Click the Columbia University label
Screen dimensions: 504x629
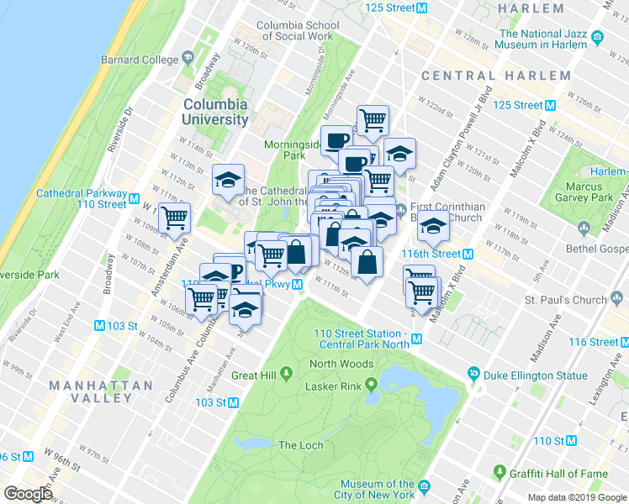(x=215, y=112)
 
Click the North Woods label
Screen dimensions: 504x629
(x=341, y=364)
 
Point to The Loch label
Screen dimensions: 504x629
(x=299, y=445)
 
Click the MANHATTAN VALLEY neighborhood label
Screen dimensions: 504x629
(x=101, y=391)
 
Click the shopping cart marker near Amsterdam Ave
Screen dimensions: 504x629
(x=174, y=219)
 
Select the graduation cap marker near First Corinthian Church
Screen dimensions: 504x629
(x=434, y=228)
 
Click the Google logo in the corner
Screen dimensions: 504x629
(x=27, y=494)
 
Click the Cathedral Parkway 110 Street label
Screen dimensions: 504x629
(x=82, y=198)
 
